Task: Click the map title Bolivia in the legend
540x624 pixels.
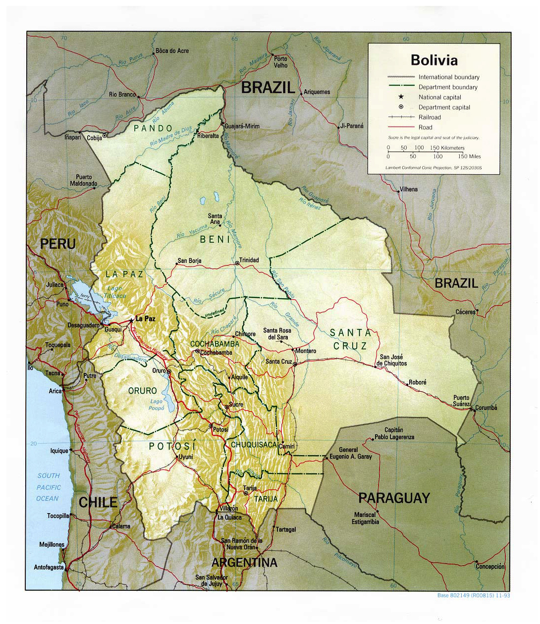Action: coord(434,60)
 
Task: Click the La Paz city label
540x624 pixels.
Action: coord(145,318)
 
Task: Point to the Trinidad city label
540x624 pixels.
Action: coord(249,260)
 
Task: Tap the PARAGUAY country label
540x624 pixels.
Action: coord(394,498)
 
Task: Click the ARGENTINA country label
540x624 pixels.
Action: coord(244,563)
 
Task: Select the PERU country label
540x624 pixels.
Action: coord(57,244)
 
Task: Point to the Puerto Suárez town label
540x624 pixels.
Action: coord(461,401)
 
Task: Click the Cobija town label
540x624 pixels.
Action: coord(94,138)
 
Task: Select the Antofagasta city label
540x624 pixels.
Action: coord(49,568)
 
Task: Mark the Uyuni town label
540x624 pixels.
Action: coord(185,457)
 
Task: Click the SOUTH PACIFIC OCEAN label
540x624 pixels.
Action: coord(48,487)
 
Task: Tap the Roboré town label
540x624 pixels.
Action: coord(417,382)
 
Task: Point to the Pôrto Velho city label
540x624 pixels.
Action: coord(280,62)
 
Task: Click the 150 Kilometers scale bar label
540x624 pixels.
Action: coord(447,148)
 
